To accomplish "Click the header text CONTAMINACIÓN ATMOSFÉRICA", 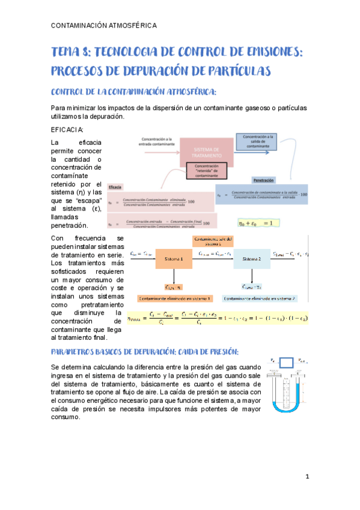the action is (105, 25).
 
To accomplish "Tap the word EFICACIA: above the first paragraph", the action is (68, 131).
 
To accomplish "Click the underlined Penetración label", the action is (264, 180).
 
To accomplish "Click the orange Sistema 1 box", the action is (173, 259).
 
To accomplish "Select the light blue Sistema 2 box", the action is (252, 259).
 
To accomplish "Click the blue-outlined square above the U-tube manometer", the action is (287, 363).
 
